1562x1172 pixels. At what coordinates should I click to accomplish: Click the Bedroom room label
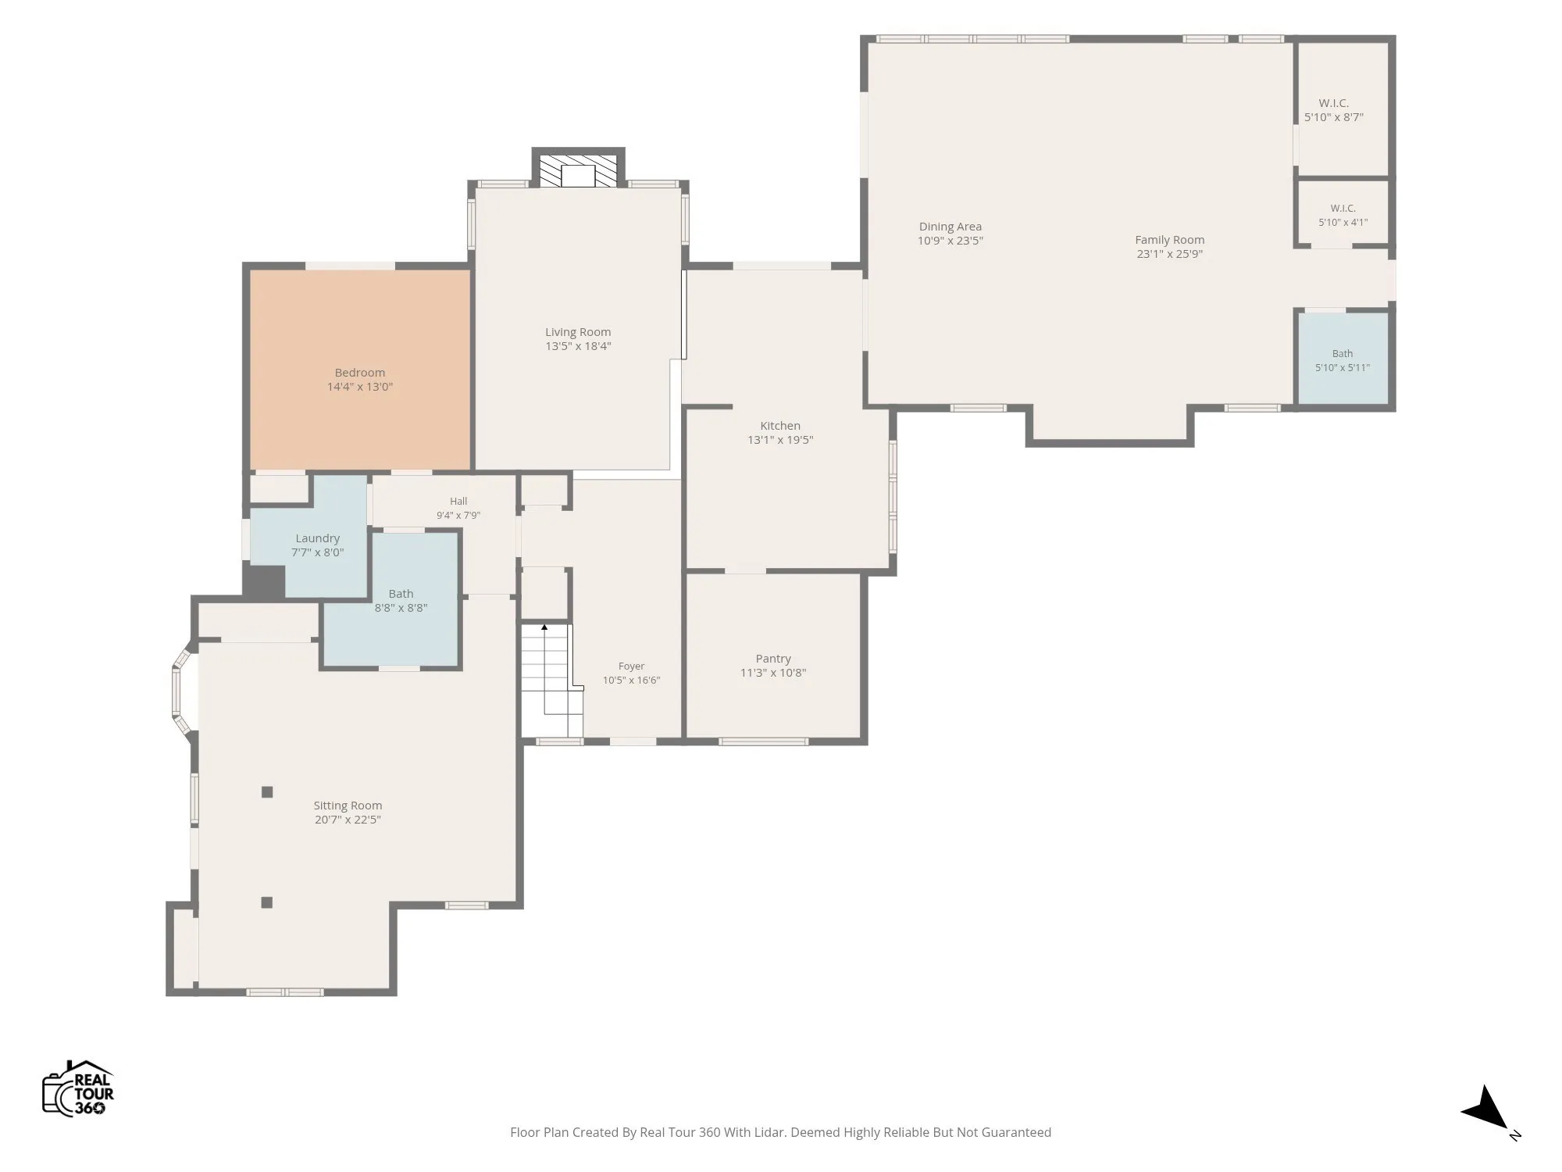pos(360,373)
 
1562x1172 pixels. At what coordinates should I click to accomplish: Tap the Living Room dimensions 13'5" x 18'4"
pos(578,346)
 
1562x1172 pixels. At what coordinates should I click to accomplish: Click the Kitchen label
pos(780,426)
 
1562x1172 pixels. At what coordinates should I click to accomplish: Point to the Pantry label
pos(773,659)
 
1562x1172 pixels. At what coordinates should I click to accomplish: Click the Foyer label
pos(631,666)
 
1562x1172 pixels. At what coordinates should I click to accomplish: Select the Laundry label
pos(318,538)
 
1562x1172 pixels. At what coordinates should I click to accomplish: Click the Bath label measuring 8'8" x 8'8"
pos(401,594)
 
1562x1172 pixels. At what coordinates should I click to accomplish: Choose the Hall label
pos(458,502)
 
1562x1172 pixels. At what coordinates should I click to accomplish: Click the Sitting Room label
pos(348,806)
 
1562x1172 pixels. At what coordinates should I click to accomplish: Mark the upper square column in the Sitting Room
pos(267,792)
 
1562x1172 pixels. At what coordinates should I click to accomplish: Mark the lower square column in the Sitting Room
pos(267,902)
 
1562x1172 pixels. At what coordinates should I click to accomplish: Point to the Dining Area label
pos(950,227)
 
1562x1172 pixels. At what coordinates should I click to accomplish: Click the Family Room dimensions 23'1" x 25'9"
pos(1169,254)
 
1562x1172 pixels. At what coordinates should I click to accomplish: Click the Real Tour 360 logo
pos(78,1088)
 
